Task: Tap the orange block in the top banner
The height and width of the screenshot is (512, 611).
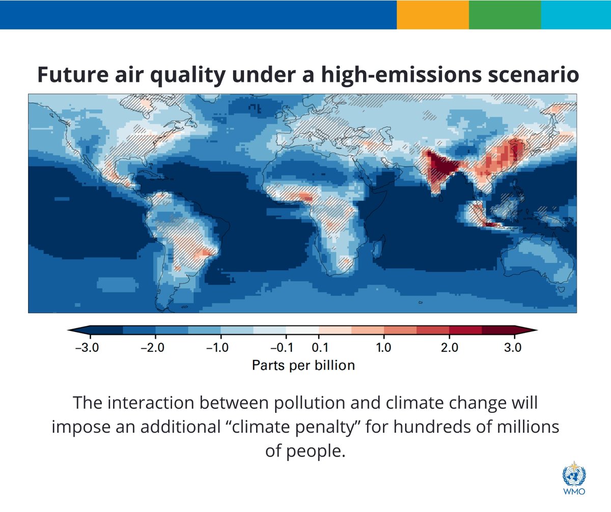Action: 433,14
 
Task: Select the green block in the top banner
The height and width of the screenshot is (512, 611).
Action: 505,14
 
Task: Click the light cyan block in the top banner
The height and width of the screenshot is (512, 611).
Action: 576,14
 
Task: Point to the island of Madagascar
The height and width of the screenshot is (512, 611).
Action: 377,249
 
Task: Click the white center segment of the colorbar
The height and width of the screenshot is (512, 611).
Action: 302,330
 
